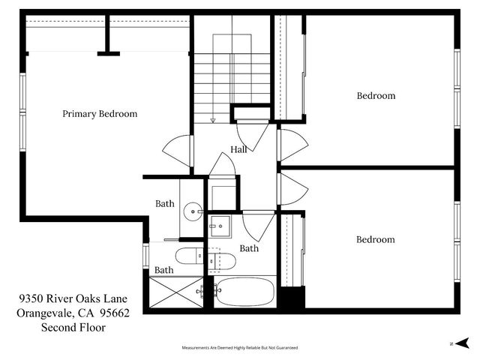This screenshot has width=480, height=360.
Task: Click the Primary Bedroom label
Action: pos(100,114)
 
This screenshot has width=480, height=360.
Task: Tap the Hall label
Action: pos(238,149)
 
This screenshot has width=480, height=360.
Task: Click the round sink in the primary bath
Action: pos(193,212)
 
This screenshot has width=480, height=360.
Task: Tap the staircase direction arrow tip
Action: pos(213,120)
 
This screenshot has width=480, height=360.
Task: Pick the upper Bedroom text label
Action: pos(376,96)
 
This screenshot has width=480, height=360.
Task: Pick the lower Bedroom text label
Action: pos(375,240)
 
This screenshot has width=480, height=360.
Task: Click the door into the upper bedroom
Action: pos(292,145)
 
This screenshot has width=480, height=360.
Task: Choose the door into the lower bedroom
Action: pos(292,188)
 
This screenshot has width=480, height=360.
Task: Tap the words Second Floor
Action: pos(73,327)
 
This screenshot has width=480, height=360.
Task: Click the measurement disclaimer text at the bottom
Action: pos(240,348)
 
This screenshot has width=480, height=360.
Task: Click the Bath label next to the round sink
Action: pos(164,203)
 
